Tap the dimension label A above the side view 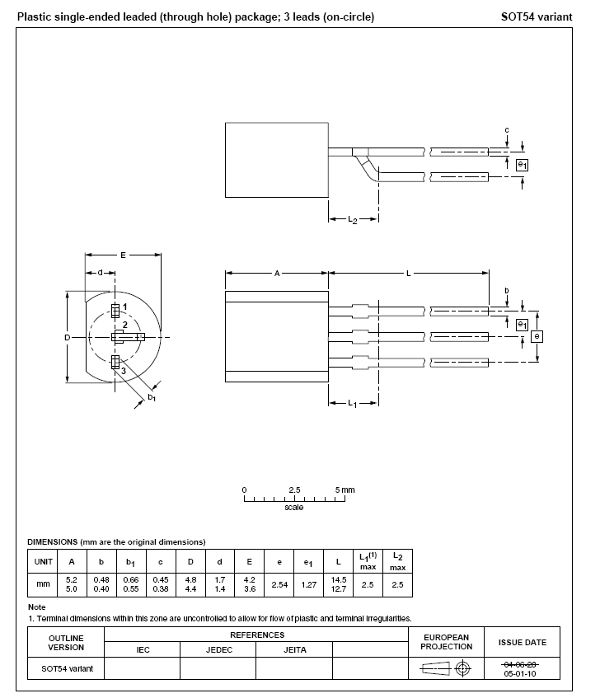(277, 273)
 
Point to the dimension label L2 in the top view (352, 220)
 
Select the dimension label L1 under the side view (352, 403)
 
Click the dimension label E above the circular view (123, 255)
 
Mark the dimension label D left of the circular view (68, 337)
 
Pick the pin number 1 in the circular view (124, 307)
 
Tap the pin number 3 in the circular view (124, 372)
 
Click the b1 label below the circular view (152, 398)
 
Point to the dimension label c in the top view (506, 130)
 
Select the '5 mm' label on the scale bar (346, 490)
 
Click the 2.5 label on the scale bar (294, 490)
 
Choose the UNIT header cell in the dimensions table (42, 562)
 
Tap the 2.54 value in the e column (279, 584)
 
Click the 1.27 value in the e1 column (309, 584)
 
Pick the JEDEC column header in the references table (218, 650)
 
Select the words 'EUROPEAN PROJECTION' (446, 642)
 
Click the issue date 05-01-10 (521, 672)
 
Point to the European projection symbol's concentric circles (463, 668)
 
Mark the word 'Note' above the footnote (36, 607)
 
